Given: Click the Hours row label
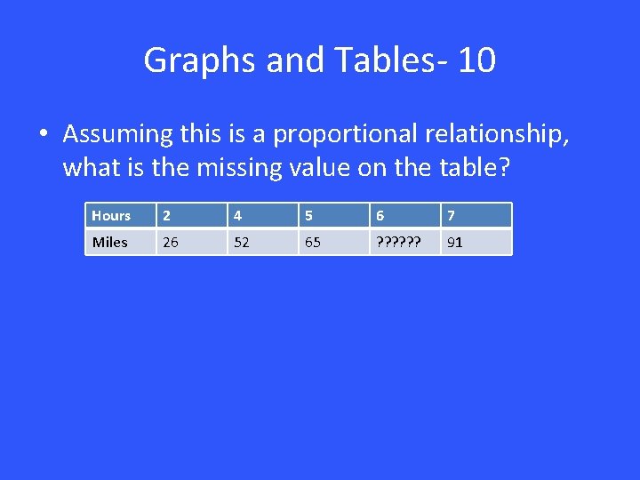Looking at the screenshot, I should [111, 216].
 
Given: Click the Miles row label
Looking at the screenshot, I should [110, 242].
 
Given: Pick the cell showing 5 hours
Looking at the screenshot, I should [308, 216].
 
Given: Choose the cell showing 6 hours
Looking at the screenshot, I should [380, 216].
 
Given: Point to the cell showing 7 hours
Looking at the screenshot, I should [451, 216].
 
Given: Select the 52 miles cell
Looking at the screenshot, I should [240, 242].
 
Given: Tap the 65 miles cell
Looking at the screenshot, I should [312, 242].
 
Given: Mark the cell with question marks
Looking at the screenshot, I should [396, 242].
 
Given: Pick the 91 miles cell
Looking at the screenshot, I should [454, 242].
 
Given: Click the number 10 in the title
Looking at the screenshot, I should [478, 60].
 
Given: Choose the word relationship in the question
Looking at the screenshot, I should [498, 134].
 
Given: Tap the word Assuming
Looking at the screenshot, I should [117, 134].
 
